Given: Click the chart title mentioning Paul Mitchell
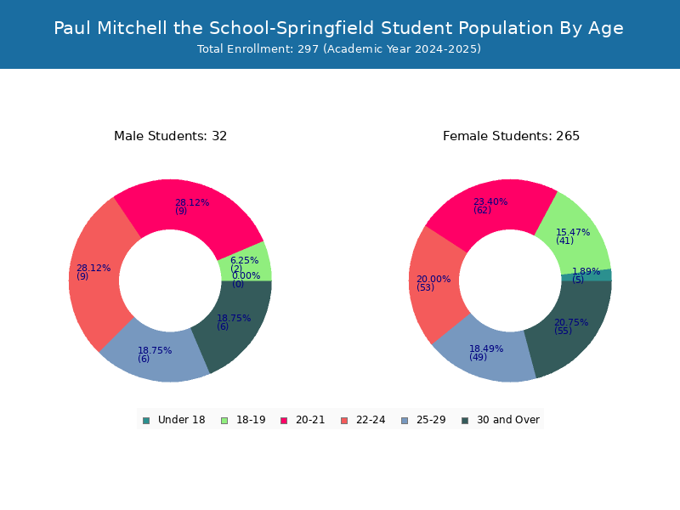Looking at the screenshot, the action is (x=338, y=28).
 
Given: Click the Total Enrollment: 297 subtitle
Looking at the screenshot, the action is (x=339, y=49).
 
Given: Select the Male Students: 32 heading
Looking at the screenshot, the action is (x=171, y=136).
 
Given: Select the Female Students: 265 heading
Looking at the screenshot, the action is (x=511, y=136).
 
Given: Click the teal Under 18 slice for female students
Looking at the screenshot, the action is (x=586, y=275).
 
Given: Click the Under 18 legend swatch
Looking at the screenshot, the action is (x=146, y=421).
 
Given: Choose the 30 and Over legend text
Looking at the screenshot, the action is (x=508, y=420).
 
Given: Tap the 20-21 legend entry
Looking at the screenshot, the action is (x=303, y=420).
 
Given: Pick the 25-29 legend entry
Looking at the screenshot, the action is (x=423, y=420).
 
